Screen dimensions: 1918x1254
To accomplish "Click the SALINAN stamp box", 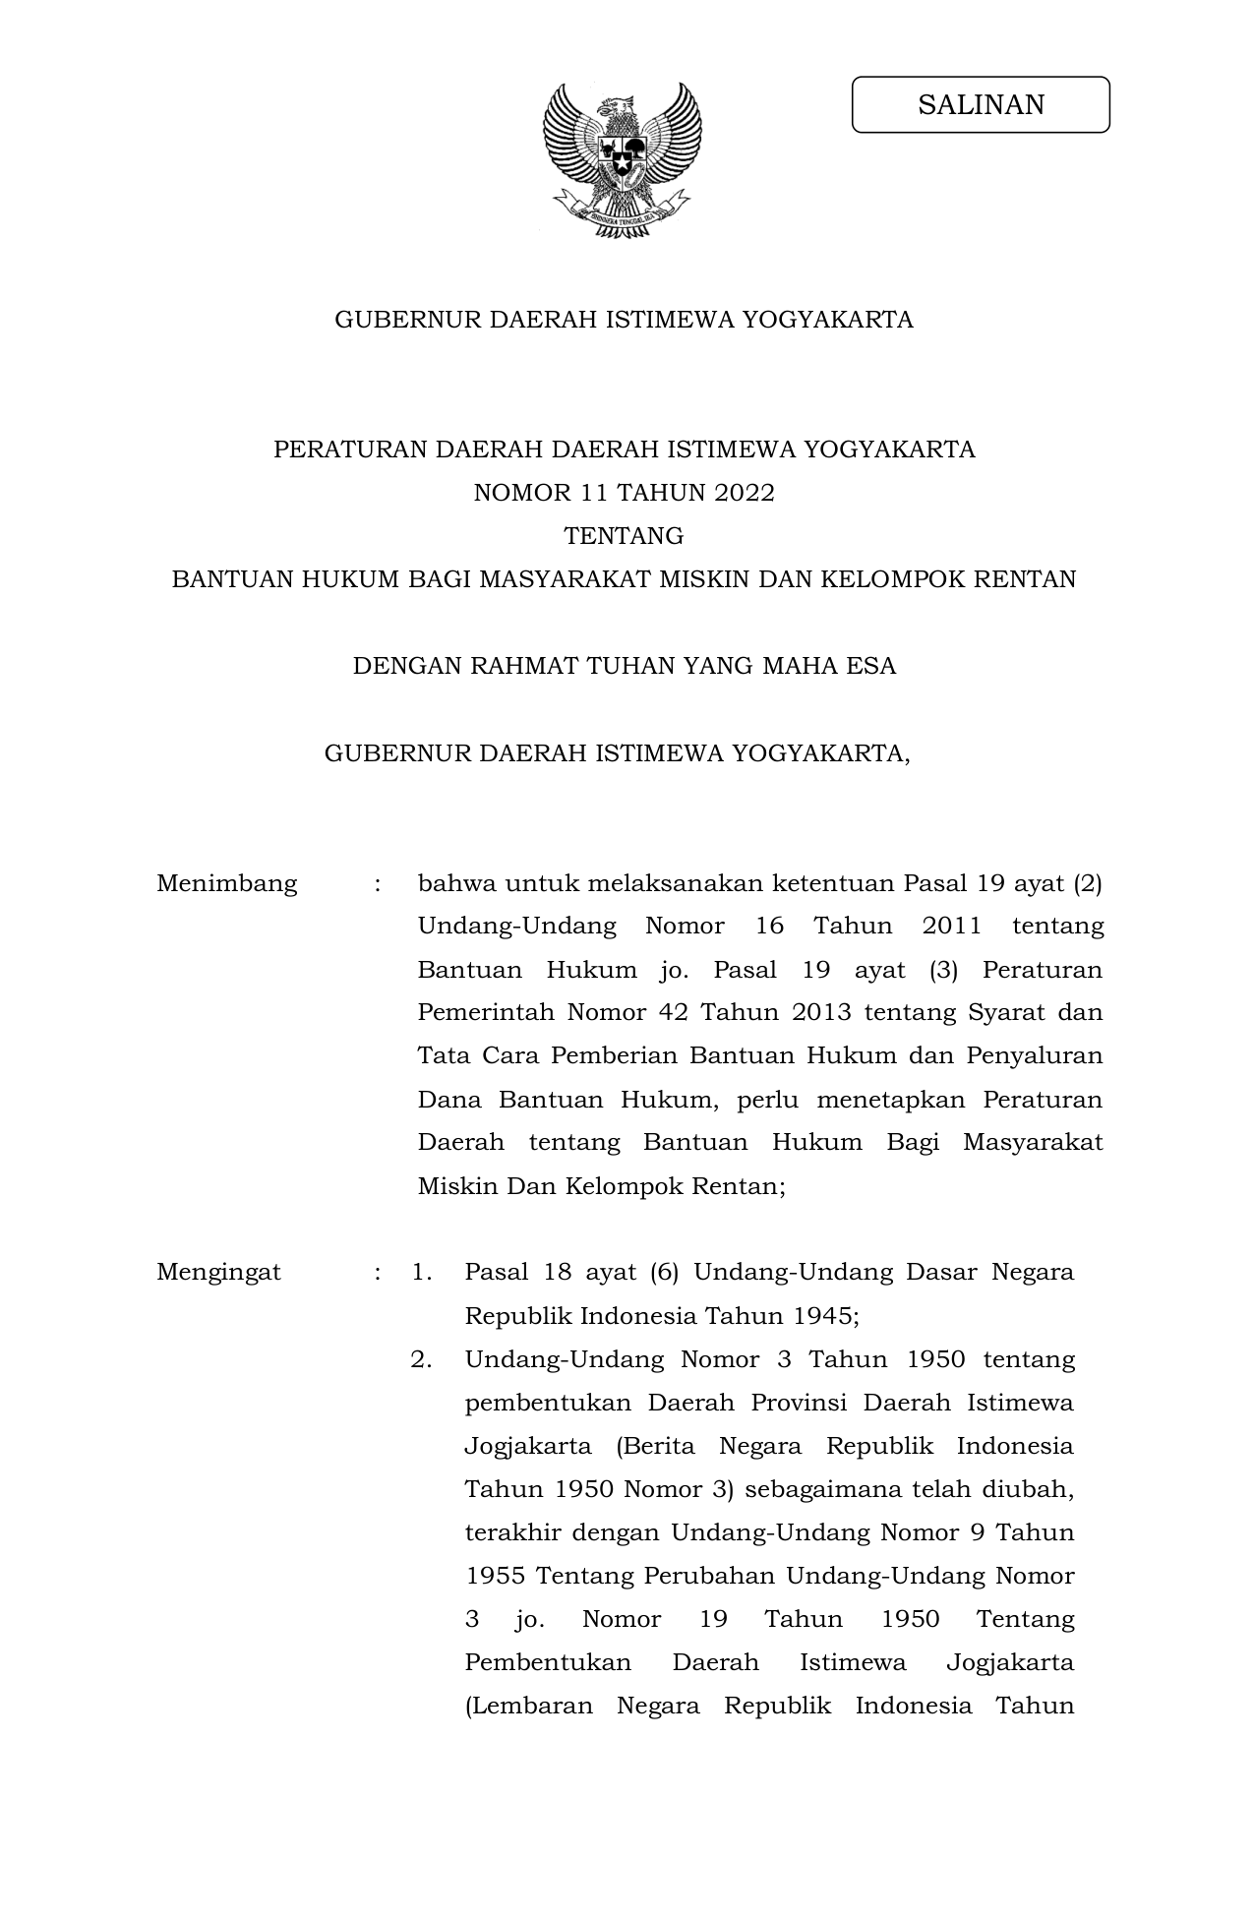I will [981, 104].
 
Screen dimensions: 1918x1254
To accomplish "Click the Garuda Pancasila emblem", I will [623, 159].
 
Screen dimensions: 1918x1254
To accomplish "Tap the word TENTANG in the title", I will [624, 536].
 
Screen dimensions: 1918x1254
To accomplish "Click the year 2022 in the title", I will [745, 493].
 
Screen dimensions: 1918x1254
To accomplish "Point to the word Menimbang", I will [226, 883].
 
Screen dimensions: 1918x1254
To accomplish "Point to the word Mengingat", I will [218, 1272].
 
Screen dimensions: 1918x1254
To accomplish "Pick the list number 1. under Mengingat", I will [422, 1272].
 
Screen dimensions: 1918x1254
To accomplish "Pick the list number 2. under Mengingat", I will [422, 1359].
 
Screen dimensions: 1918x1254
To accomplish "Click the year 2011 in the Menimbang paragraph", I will [952, 927].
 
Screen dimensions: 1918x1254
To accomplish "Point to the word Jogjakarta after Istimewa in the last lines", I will [1009, 1662].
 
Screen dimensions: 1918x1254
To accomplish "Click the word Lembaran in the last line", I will [529, 1706].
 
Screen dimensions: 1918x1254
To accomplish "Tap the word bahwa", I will [454, 883].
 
